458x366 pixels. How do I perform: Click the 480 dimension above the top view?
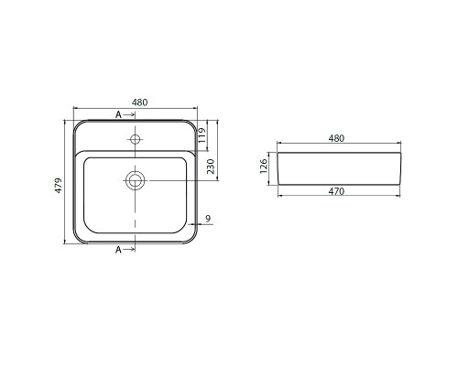point(140,102)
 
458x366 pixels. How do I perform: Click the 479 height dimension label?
point(59,185)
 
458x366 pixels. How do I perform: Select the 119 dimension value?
point(202,135)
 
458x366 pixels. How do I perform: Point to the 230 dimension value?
point(211,167)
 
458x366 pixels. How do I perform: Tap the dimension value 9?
point(208,219)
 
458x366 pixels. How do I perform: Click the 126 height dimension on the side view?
point(264,166)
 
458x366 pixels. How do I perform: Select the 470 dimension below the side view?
point(336,191)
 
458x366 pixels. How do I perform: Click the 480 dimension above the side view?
point(336,138)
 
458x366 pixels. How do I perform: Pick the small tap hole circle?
point(135,139)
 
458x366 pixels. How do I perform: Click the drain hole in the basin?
point(135,180)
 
